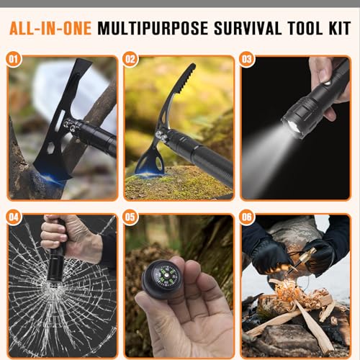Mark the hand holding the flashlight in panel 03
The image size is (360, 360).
[328, 76]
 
